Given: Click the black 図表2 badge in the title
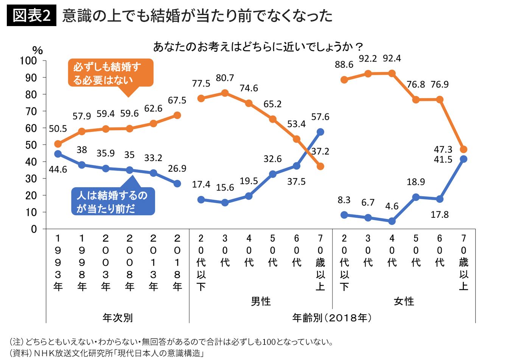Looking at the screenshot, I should [31, 16].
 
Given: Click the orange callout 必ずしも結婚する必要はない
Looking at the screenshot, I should [110, 73].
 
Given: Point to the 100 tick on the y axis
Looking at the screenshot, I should [28, 61].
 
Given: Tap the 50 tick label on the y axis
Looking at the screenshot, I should [31, 145].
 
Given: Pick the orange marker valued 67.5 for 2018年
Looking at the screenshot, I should [177, 115].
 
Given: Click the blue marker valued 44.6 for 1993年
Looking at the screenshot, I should [58, 154].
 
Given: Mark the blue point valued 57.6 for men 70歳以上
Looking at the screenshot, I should [320, 132].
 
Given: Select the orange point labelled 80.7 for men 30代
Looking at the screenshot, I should [225, 93].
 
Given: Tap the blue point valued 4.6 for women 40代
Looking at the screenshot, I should [392, 221].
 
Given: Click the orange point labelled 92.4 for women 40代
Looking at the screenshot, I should [392, 73].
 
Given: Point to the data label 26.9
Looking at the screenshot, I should [177, 168].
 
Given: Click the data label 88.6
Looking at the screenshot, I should [344, 65].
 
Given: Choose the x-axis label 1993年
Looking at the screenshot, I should [58, 262].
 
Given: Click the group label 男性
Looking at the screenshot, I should [261, 301].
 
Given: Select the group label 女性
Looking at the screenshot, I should [404, 301].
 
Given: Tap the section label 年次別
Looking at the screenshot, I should [117, 318].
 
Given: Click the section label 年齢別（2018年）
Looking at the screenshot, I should [332, 318].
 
